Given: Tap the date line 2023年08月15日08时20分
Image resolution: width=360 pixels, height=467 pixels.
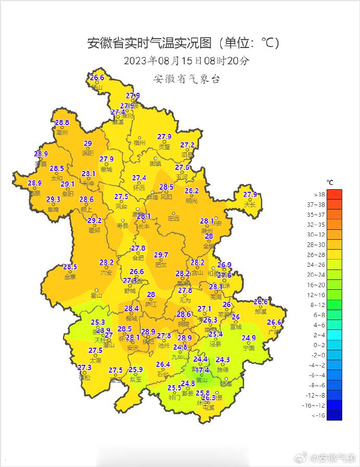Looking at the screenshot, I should pos(186,61).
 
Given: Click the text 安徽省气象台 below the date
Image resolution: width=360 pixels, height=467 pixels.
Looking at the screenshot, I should pos(186,79).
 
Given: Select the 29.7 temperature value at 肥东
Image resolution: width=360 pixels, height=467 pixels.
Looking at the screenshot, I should pos(161,255).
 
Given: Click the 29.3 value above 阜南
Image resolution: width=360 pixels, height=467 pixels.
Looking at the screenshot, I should pos(53,200).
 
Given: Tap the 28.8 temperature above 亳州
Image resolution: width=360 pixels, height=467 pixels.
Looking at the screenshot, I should pos(62,123).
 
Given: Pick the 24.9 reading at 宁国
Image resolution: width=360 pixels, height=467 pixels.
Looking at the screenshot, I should pos(249,338).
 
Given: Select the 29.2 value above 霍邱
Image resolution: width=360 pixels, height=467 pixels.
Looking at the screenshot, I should pos(94,221).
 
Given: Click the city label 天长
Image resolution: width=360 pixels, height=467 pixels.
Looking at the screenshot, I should pos(250,205).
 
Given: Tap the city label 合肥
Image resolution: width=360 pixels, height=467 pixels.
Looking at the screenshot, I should pos(138,257).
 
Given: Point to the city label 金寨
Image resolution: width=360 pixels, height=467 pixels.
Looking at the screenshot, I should pos(70,277).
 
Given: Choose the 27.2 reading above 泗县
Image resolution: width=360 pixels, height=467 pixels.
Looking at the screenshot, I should pos(187,145).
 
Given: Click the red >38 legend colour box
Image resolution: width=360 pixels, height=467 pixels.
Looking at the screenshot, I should pos(334,194).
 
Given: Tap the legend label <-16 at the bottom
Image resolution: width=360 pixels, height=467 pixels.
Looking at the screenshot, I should pos(318,415).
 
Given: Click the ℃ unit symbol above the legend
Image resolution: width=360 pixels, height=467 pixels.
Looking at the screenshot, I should pos(330,182).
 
